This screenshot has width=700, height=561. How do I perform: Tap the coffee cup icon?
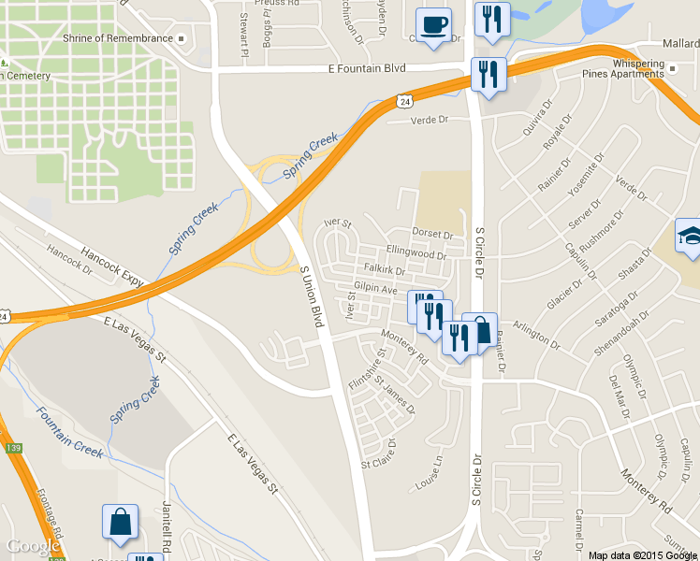433,24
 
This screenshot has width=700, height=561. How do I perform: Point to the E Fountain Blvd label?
367,68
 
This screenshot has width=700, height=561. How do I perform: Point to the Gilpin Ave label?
376,290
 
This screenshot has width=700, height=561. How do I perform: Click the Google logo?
34,546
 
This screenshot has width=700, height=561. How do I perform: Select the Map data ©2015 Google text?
643,555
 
